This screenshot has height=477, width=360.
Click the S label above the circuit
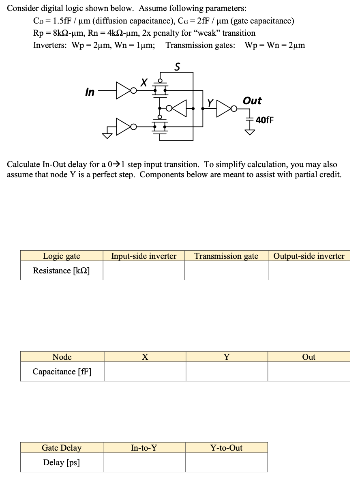(x=177, y=67)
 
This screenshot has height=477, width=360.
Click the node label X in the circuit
(x=143, y=83)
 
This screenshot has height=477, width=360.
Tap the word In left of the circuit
(x=90, y=92)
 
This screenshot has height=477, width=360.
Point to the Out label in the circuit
(x=252, y=101)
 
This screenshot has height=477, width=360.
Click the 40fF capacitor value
(x=265, y=120)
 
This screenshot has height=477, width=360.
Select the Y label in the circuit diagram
(x=210, y=103)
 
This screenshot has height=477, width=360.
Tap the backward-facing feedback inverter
(x=179, y=108)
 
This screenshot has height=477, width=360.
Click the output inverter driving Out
(x=224, y=108)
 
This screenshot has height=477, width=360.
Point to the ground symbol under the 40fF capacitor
(x=251, y=131)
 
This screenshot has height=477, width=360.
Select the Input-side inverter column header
(x=144, y=256)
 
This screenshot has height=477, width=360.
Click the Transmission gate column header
(x=226, y=256)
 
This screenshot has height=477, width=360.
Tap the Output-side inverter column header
(x=309, y=256)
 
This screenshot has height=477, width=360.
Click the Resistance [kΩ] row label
(x=62, y=271)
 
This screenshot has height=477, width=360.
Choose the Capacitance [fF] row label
(x=62, y=372)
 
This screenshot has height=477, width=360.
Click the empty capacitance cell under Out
(x=309, y=372)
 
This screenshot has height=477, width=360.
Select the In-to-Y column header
(x=144, y=448)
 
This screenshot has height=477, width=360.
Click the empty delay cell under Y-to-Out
(x=226, y=462)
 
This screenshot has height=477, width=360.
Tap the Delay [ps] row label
(x=62, y=462)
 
